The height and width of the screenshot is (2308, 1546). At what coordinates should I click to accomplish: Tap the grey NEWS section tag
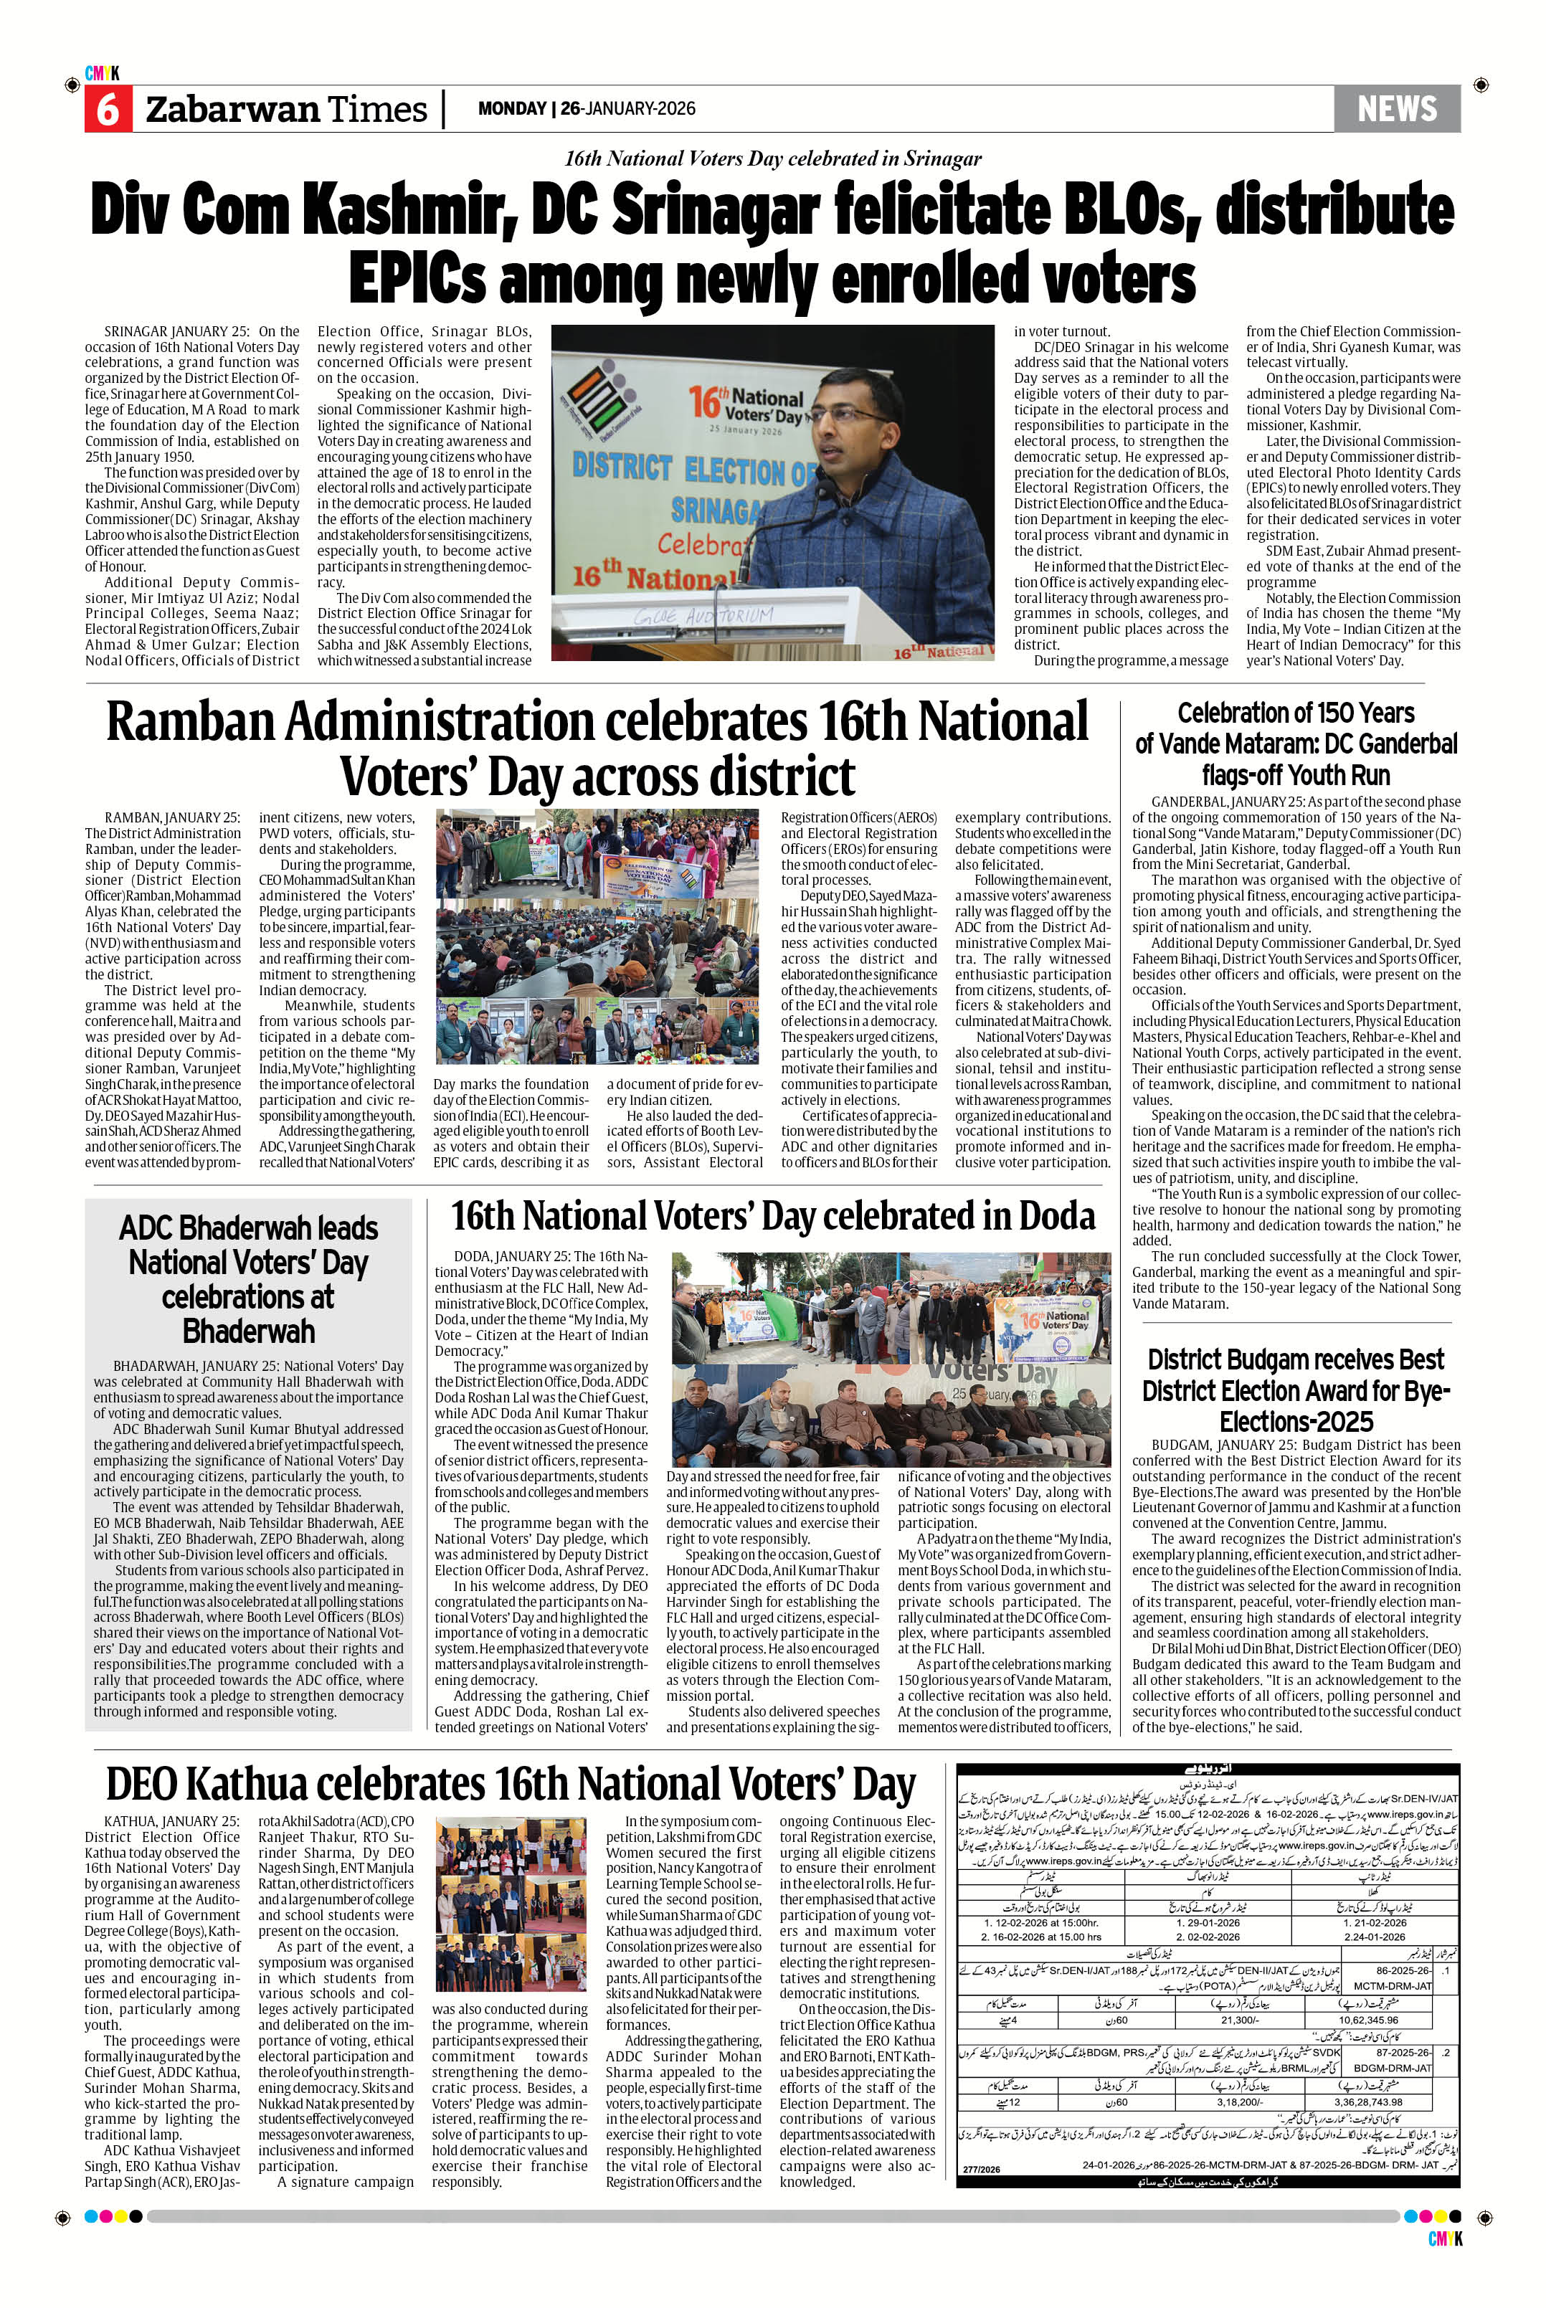1396,108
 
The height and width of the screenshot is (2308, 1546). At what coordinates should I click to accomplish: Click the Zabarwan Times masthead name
286,110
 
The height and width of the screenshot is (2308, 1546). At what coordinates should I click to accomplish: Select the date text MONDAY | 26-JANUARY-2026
587,108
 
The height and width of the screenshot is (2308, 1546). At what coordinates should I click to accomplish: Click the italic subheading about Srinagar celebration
772,158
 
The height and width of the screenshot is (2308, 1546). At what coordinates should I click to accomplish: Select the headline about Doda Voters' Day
772,1215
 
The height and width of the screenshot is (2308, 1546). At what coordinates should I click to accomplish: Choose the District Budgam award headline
1296,1390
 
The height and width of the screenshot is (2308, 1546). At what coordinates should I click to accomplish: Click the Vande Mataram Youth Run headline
1296,744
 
